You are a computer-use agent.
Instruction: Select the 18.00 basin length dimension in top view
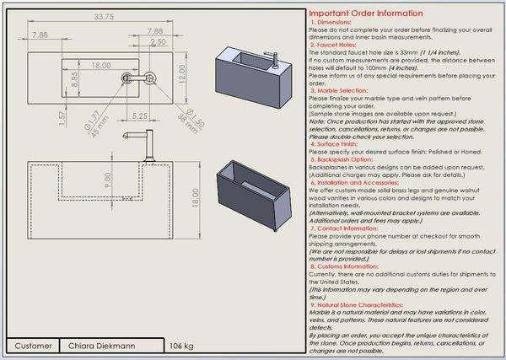pyautogui.click(x=101, y=65)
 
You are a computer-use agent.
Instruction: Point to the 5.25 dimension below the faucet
pyautogui.click(x=140, y=115)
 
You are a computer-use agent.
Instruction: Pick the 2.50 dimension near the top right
pyautogui.click(x=158, y=41)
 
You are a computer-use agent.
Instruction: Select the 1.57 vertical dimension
pyautogui.click(x=62, y=117)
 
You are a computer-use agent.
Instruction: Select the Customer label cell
pyautogui.click(x=35, y=346)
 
